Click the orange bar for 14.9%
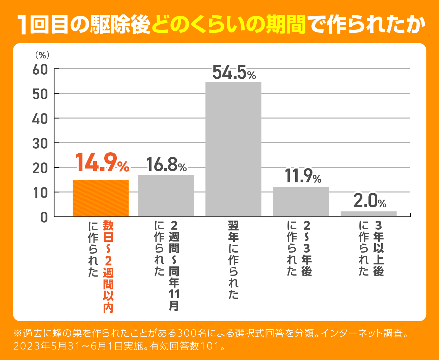coord(101,198)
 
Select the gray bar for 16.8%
coord(166,196)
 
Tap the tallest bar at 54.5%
coord(233,149)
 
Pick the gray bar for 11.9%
coord(301,202)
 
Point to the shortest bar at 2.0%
coord(368,214)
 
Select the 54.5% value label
coord(234,73)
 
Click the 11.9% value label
coord(303,176)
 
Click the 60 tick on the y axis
coord(40,70)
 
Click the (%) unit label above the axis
coord(42,55)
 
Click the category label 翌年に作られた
coord(234,260)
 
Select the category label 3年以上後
coord(379,248)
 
